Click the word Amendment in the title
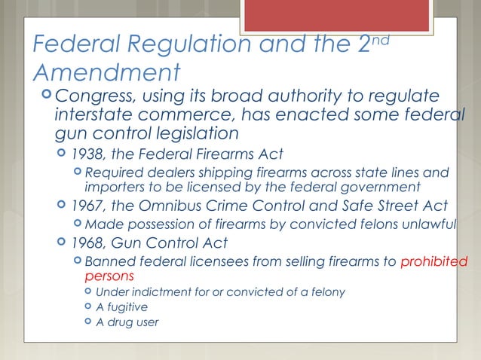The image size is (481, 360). pyautogui.click(x=107, y=73)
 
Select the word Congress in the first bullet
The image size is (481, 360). pyautogui.click(x=94, y=97)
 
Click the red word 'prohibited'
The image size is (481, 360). pyautogui.click(x=434, y=262)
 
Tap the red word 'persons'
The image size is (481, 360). pyautogui.click(x=105, y=276)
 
